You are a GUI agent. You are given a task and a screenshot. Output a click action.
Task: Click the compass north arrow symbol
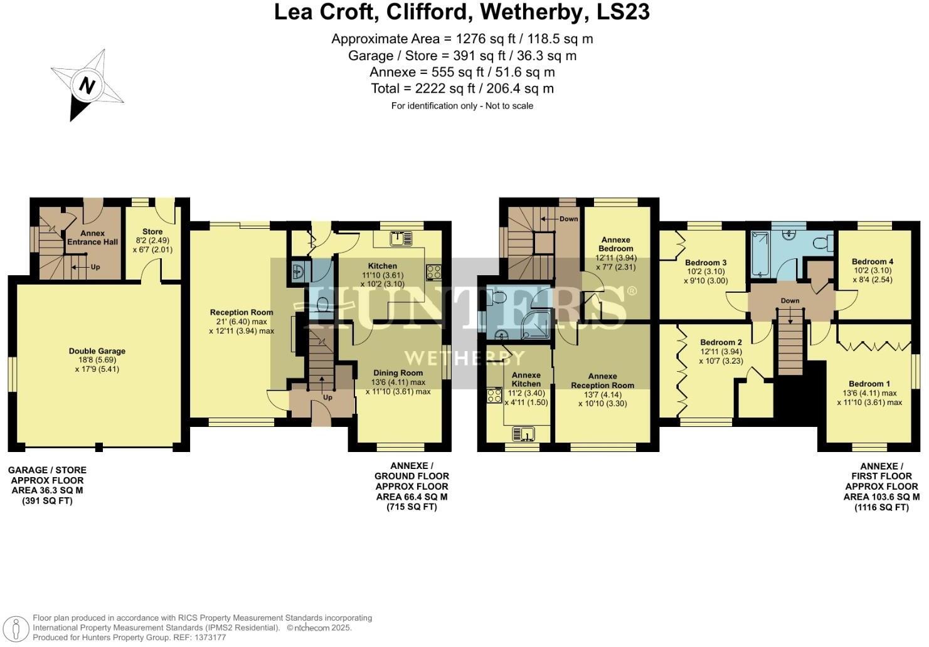[x=87, y=86]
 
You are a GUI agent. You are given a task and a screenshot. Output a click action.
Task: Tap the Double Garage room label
[x=97, y=351]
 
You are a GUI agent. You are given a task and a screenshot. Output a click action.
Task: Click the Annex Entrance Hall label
[x=93, y=238]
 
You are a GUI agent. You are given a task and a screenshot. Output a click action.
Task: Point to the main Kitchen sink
[x=400, y=238]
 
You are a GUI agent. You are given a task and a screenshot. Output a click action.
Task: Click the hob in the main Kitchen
[x=433, y=272]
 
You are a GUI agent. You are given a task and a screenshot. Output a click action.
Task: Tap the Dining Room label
[x=398, y=372]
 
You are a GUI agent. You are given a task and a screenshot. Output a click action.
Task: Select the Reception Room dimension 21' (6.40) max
[x=242, y=322]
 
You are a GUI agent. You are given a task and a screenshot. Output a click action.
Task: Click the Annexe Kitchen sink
[x=523, y=433]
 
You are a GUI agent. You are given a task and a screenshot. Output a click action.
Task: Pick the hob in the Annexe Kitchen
[x=494, y=396]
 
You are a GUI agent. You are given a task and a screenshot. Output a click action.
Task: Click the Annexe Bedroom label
[x=615, y=244]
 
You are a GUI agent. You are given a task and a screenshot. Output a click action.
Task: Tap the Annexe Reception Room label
[x=602, y=381]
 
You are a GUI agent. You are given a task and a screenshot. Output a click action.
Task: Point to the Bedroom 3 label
[x=705, y=263]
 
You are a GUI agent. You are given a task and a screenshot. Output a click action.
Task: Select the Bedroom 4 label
[x=872, y=261]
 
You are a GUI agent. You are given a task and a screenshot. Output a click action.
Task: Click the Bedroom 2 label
[x=721, y=342]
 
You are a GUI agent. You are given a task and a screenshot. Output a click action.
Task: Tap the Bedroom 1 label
[x=869, y=384]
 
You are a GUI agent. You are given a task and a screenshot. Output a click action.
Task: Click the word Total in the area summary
[x=385, y=89]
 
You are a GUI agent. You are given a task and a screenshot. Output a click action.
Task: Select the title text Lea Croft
[x=322, y=12]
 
